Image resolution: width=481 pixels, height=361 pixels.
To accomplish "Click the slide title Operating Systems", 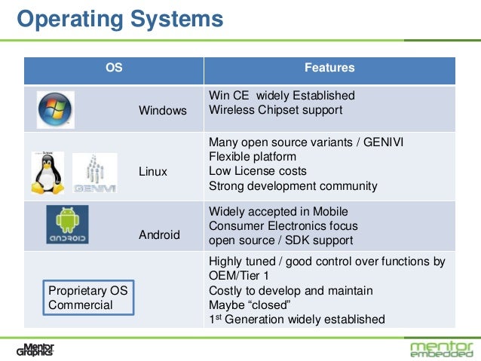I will (x=120, y=18).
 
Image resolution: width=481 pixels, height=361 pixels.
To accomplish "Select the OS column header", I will (x=114, y=69).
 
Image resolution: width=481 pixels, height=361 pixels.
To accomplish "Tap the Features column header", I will (x=329, y=69).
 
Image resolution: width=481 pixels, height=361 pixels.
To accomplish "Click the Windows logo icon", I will (x=56, y=109).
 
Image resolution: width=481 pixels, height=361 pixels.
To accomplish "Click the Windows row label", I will (x=162, y=111).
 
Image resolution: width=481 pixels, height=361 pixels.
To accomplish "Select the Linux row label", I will (x=153, y=172).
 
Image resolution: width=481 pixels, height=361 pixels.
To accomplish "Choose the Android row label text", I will (x=159, y=235).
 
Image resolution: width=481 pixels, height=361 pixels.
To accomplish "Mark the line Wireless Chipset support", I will (x=275, y=110).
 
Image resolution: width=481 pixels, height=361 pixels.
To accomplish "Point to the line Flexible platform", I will (x=252, y=157).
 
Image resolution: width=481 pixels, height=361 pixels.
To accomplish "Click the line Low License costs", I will (x=257, y=171).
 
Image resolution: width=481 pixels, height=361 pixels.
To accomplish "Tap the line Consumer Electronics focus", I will (x=283, y=226).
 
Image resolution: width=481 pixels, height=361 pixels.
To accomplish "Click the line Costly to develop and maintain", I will (x=290, y=290).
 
